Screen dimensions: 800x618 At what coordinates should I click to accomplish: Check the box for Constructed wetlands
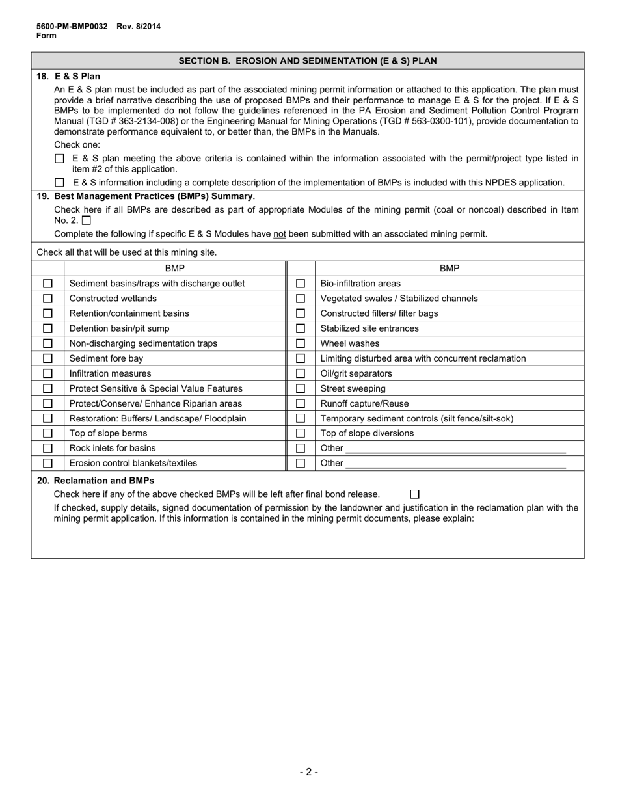coord(47,299)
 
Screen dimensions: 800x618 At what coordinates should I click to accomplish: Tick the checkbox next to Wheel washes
coord(301,343)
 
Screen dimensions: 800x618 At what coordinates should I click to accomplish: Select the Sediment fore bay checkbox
coord(47,358)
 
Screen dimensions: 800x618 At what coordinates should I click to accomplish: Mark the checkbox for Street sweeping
coord(301,388)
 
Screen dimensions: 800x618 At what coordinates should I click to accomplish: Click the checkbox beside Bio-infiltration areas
coord(301,284)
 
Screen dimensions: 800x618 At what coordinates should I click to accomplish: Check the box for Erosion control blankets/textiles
coord(47,463)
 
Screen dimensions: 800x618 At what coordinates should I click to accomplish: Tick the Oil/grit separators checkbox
coord(301,373)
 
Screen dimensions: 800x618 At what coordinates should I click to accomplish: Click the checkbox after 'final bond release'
coord(415,494)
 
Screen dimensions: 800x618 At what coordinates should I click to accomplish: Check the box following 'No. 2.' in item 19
coord(87,220)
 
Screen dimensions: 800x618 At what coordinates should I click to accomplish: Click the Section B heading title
coord(308,61)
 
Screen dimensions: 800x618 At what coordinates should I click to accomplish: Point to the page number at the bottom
coord(309,772)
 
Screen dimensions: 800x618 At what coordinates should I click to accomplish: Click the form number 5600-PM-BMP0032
coord(72,27)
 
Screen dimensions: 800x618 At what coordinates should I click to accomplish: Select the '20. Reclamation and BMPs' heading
coord(96,481)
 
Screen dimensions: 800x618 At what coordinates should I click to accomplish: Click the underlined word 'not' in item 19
coord(280,234)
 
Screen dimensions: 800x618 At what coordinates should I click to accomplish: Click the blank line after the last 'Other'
coord(455,463)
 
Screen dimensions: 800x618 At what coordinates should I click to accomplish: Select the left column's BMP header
coord(174,268)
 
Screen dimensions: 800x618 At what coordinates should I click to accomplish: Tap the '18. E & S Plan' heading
coord(68,76)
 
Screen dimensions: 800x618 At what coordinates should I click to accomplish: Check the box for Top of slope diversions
coord(301,433)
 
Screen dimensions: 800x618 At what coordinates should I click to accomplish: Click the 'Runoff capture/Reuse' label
coord(364,403)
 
